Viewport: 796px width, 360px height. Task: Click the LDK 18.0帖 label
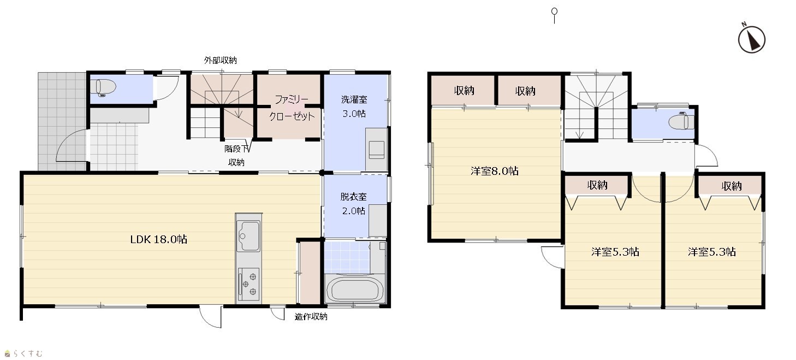click(x=158, y=239)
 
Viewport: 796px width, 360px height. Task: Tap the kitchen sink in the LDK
click(x=248, y=236)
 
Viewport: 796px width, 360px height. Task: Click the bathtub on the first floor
click(x=354, y=289)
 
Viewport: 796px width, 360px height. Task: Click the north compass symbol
click(x=752, y=39)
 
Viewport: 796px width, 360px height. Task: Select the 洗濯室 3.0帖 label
click(x=354, y=107)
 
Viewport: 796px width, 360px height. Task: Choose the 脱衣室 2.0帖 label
click(x=354, y=204)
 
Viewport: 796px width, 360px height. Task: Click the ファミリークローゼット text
click(x=292, y=108)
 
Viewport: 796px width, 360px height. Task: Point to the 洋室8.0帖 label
click(x=494, y=171)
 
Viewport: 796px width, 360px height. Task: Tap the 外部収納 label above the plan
click(x=221, y=60)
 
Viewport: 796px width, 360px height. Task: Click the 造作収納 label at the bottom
click(x=311, y=317)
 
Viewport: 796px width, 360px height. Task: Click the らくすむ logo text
click(x=28, y=353)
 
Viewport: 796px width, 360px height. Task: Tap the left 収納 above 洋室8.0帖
click(x=464, y=91)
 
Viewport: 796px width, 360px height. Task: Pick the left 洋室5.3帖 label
click(x=615, y=252)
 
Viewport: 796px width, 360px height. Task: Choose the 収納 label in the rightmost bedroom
click(x=732, y=186)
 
